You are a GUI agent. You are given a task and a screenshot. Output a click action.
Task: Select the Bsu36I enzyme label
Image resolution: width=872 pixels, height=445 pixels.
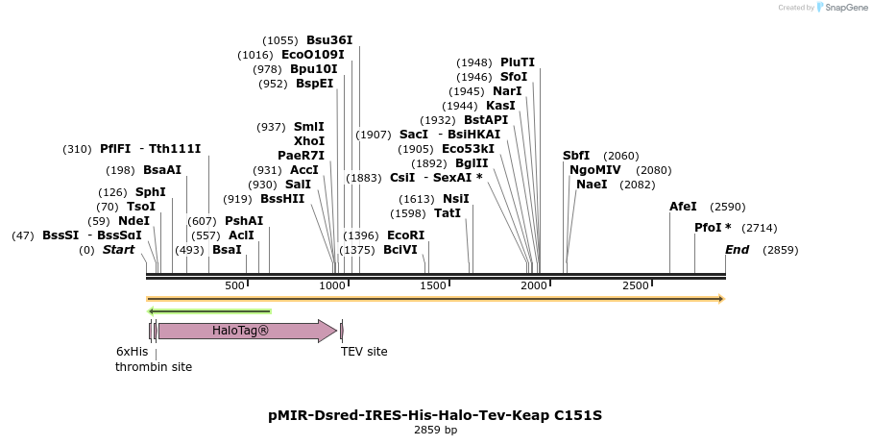coord(329,40)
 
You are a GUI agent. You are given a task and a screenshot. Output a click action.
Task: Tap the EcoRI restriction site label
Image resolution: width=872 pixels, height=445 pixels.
coord(405,235)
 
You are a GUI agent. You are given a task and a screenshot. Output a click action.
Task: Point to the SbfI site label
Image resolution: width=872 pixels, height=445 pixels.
coord(576,156)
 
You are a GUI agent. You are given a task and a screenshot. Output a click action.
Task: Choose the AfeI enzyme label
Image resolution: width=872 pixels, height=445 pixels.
coord(681,207)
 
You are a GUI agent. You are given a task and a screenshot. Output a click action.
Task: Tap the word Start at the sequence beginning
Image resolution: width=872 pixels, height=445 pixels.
coord(118,250)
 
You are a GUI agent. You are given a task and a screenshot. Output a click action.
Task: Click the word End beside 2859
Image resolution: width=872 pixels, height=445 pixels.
coord(738,250)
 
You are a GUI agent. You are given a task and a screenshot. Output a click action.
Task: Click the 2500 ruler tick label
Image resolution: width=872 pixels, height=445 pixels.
coord(636,285)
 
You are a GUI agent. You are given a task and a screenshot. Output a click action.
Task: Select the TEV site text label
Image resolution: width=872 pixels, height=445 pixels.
coord(364,352)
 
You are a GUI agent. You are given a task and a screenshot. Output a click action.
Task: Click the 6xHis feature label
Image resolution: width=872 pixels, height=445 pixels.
coord(133,352)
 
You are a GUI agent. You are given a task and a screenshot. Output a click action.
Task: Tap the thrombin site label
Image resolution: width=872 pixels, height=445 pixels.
coord(154,367)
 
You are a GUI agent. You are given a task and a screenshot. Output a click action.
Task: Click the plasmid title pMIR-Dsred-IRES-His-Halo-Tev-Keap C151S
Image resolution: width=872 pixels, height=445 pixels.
coord(435,415)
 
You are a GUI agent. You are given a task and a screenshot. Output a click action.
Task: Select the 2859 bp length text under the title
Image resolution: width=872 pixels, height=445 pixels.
coord(435,431)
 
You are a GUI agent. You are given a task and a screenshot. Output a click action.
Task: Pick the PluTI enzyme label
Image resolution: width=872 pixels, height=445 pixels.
coord(518,62)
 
